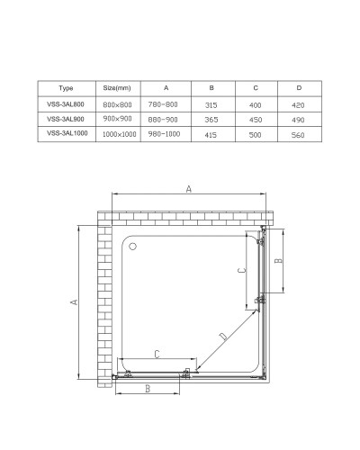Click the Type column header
66,88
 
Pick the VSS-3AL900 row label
66,119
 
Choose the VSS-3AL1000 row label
66,134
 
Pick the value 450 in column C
255,119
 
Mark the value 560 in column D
300,134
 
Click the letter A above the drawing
188,188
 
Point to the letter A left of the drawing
73,302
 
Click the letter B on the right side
280,261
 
